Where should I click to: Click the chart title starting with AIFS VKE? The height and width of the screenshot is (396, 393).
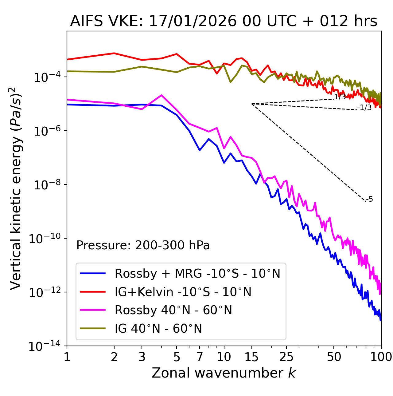coord(224,21)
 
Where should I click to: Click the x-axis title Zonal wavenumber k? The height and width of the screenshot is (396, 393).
coord(224,373)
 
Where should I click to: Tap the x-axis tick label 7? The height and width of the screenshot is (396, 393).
coord(200,357)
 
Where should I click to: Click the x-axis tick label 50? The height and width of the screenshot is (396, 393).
coord(334,357)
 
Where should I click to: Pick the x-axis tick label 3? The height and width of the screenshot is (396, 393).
coord(142,357)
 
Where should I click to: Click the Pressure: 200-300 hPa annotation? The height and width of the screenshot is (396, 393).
coord(143,245)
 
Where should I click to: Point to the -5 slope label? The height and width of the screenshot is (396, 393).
coord(370,199)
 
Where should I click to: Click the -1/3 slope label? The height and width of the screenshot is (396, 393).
coord(364,108)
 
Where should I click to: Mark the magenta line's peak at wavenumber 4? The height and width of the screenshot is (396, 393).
coord(161,95)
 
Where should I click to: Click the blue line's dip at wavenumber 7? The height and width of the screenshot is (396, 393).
coord(200,150)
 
